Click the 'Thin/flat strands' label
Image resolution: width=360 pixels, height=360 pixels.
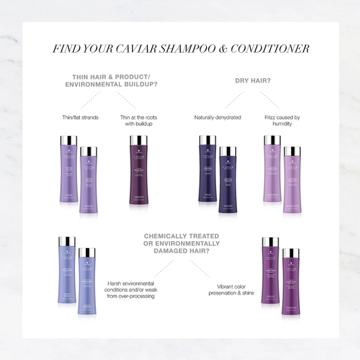click(x=80, y=118)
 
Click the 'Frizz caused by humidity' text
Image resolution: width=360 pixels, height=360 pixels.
click(x=281, y=121)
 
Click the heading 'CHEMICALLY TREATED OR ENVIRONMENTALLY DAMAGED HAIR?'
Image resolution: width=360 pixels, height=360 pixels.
click(x=181, y=243)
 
